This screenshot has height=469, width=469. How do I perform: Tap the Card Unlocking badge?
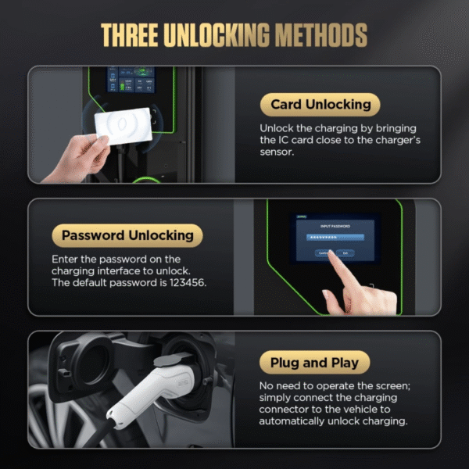320,105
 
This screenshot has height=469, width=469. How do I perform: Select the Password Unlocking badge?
127,235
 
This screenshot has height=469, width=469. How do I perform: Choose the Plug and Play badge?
314,363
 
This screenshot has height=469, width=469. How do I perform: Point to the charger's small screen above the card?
131,84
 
